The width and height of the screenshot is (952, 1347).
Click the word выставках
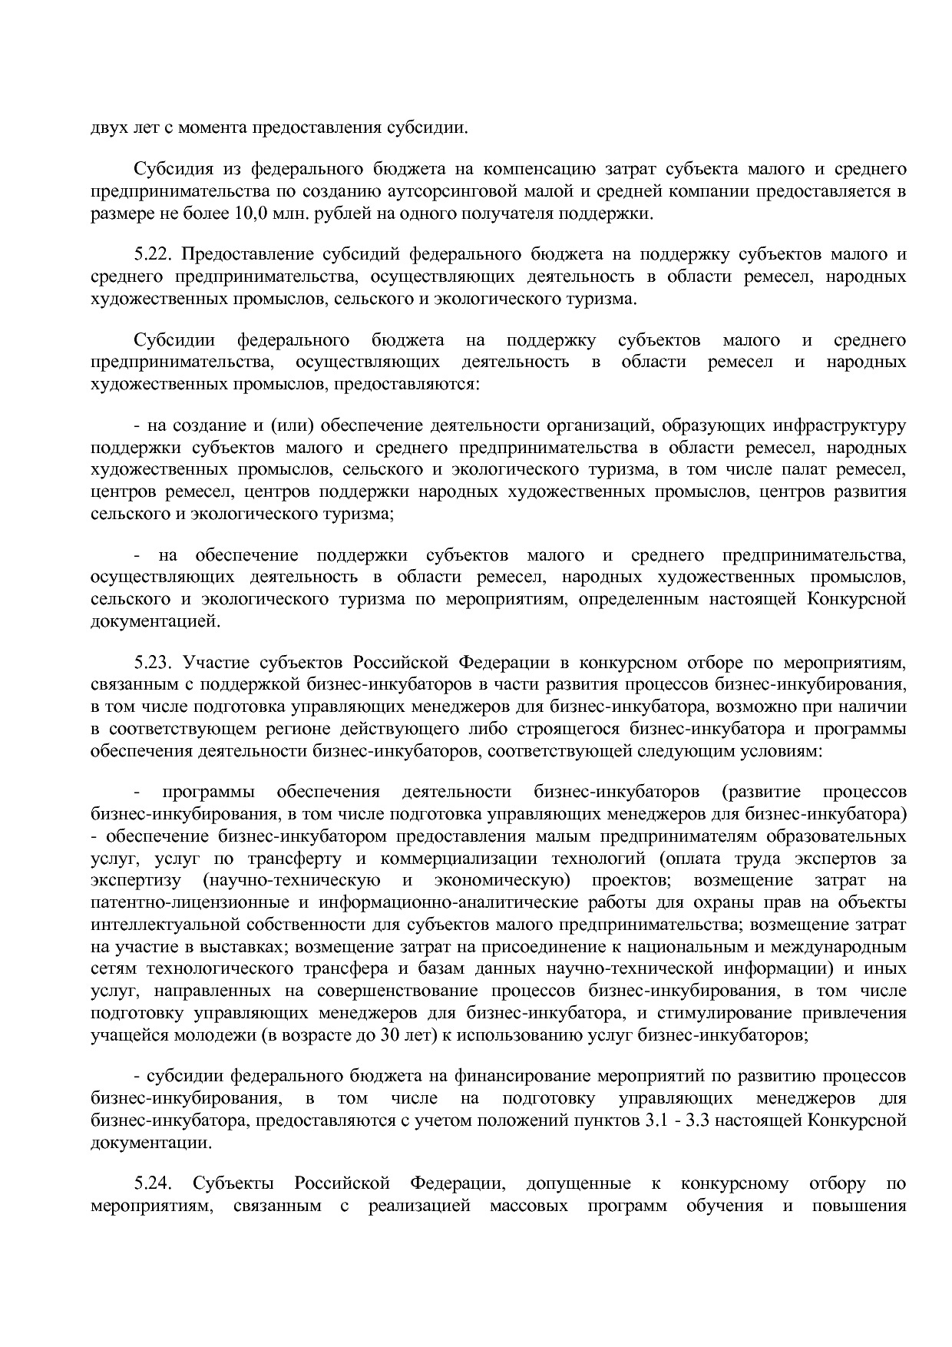click(x=232, y=946)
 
